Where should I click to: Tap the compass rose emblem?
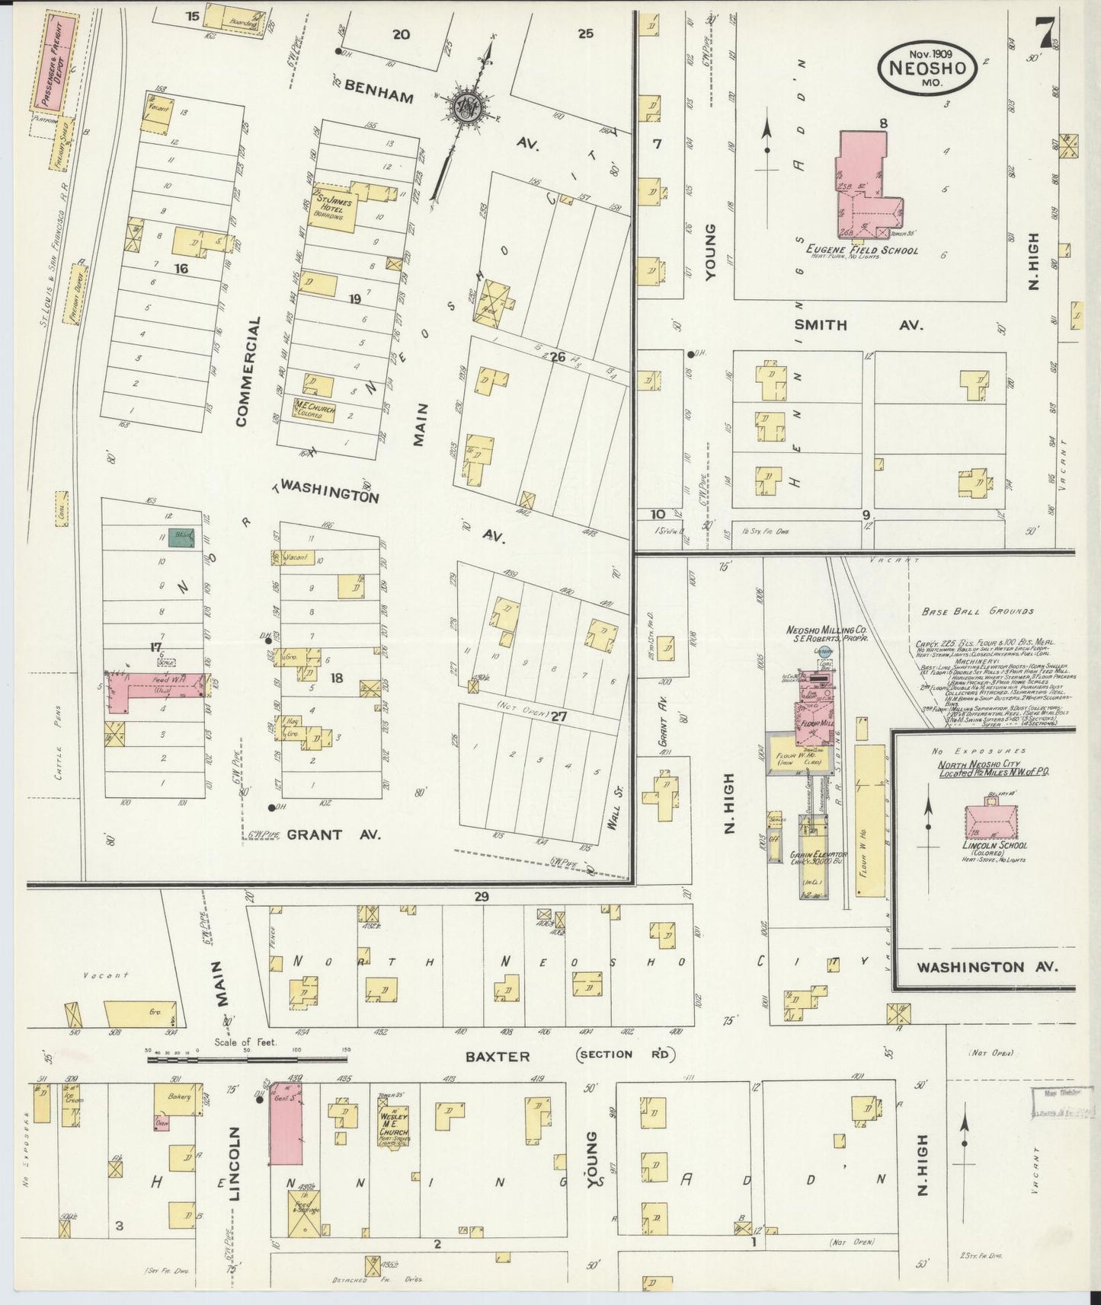(x=464, y=107)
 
